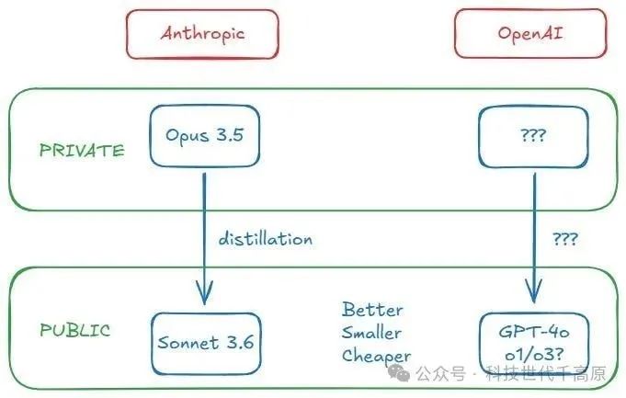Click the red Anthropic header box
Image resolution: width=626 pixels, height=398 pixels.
click(202, 34)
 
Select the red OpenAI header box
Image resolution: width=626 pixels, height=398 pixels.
click(530, 34)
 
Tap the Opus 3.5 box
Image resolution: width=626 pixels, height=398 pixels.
click(204, 136)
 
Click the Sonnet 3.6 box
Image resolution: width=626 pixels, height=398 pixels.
click(203, 343)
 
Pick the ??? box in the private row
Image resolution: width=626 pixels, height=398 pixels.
click(530, 136)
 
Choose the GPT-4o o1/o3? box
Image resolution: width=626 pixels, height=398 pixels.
click(530, 343)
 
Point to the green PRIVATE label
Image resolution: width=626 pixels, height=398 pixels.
click(82, 150)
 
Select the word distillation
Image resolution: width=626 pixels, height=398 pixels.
click(266, 239)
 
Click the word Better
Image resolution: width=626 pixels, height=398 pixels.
click(372, 310)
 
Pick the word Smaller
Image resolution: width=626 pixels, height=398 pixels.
click(372, 332)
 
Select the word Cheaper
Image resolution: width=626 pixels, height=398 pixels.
click(377, 355)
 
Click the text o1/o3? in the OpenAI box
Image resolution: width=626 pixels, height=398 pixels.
click(530, 356)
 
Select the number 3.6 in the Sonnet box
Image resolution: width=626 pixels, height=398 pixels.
click(235, 343)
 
